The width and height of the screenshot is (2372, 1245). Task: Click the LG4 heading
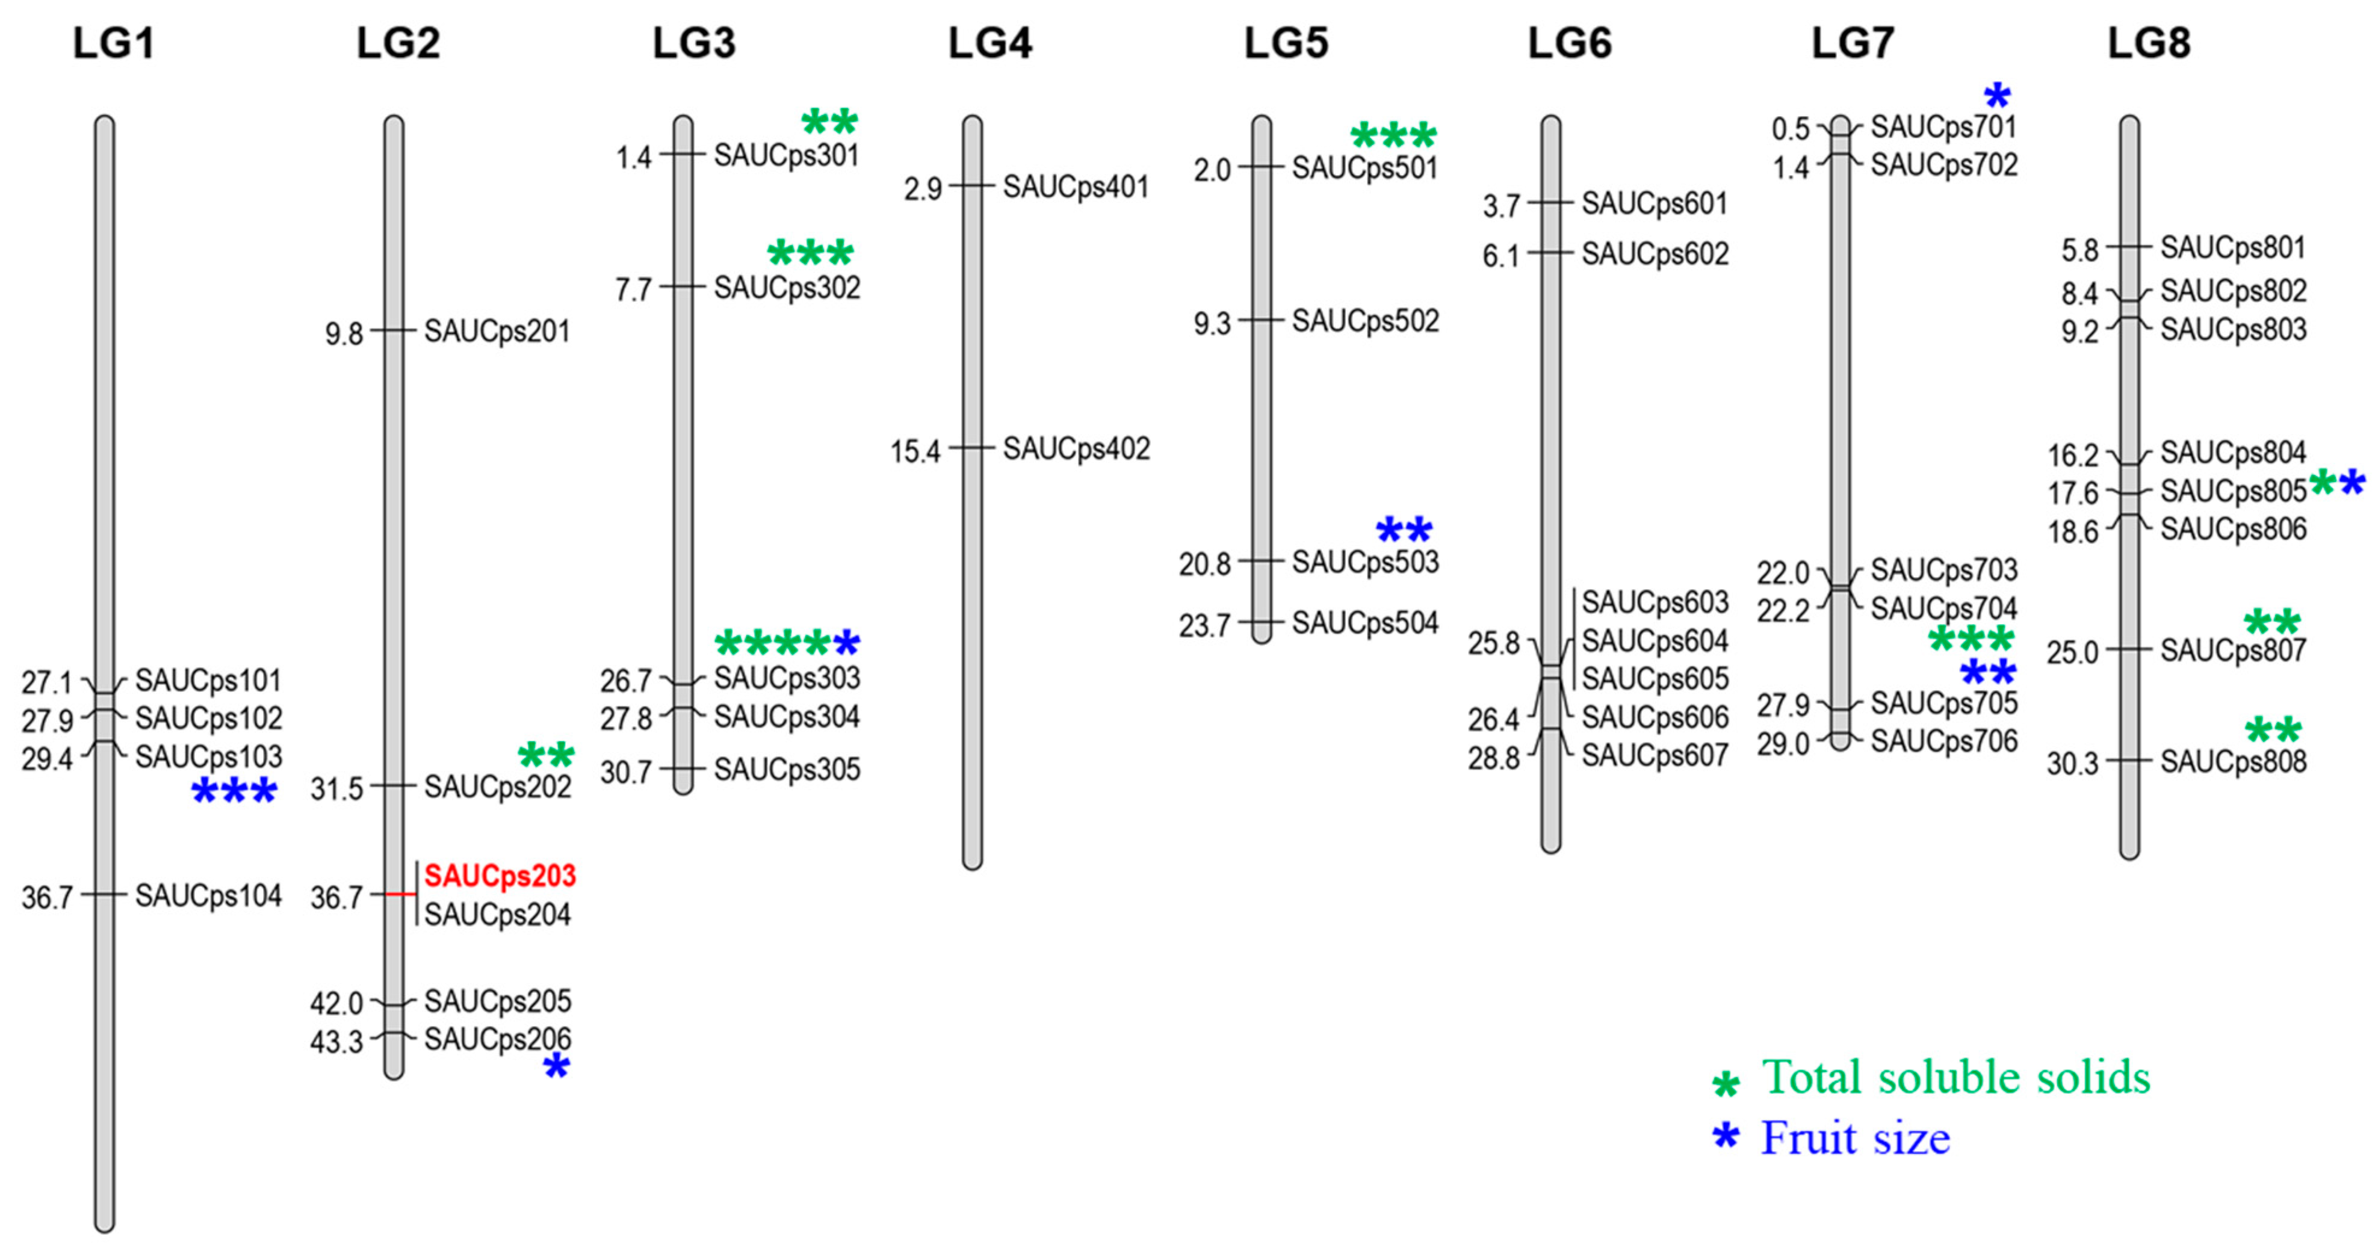[990, 43]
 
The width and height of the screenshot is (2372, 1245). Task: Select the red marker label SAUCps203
[500, 875]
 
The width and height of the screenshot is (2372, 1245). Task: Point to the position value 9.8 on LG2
[344, 333]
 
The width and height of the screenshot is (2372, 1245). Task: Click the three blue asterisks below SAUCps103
[234, 792]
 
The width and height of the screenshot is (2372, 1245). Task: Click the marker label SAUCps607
[1655, 755]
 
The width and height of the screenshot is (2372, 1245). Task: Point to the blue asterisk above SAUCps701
[1996, 96]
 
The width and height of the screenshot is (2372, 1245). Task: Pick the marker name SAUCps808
[2233, 762]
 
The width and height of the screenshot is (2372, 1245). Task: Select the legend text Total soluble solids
[1956, 1077]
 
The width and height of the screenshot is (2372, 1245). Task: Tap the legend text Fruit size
[1856, 1138]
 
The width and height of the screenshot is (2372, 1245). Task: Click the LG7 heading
[1853, 43]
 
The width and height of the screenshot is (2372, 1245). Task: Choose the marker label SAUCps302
[787, 288]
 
